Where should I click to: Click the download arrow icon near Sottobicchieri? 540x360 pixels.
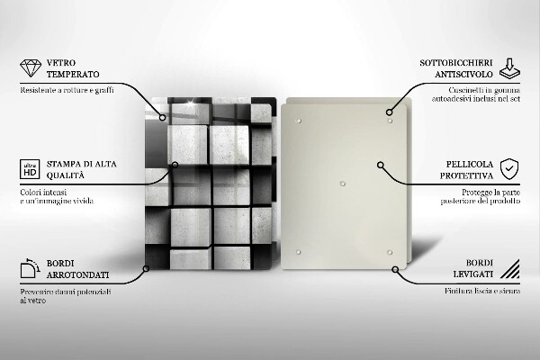click(510, 67)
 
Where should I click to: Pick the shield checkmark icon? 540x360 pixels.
click(510, 168)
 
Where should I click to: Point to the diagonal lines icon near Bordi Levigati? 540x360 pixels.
click(510, 268)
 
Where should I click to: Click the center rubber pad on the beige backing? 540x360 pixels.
click(344, 184)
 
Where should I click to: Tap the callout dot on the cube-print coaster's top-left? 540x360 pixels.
click(163, 116)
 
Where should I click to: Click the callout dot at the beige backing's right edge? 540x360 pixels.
click(382, 166)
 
